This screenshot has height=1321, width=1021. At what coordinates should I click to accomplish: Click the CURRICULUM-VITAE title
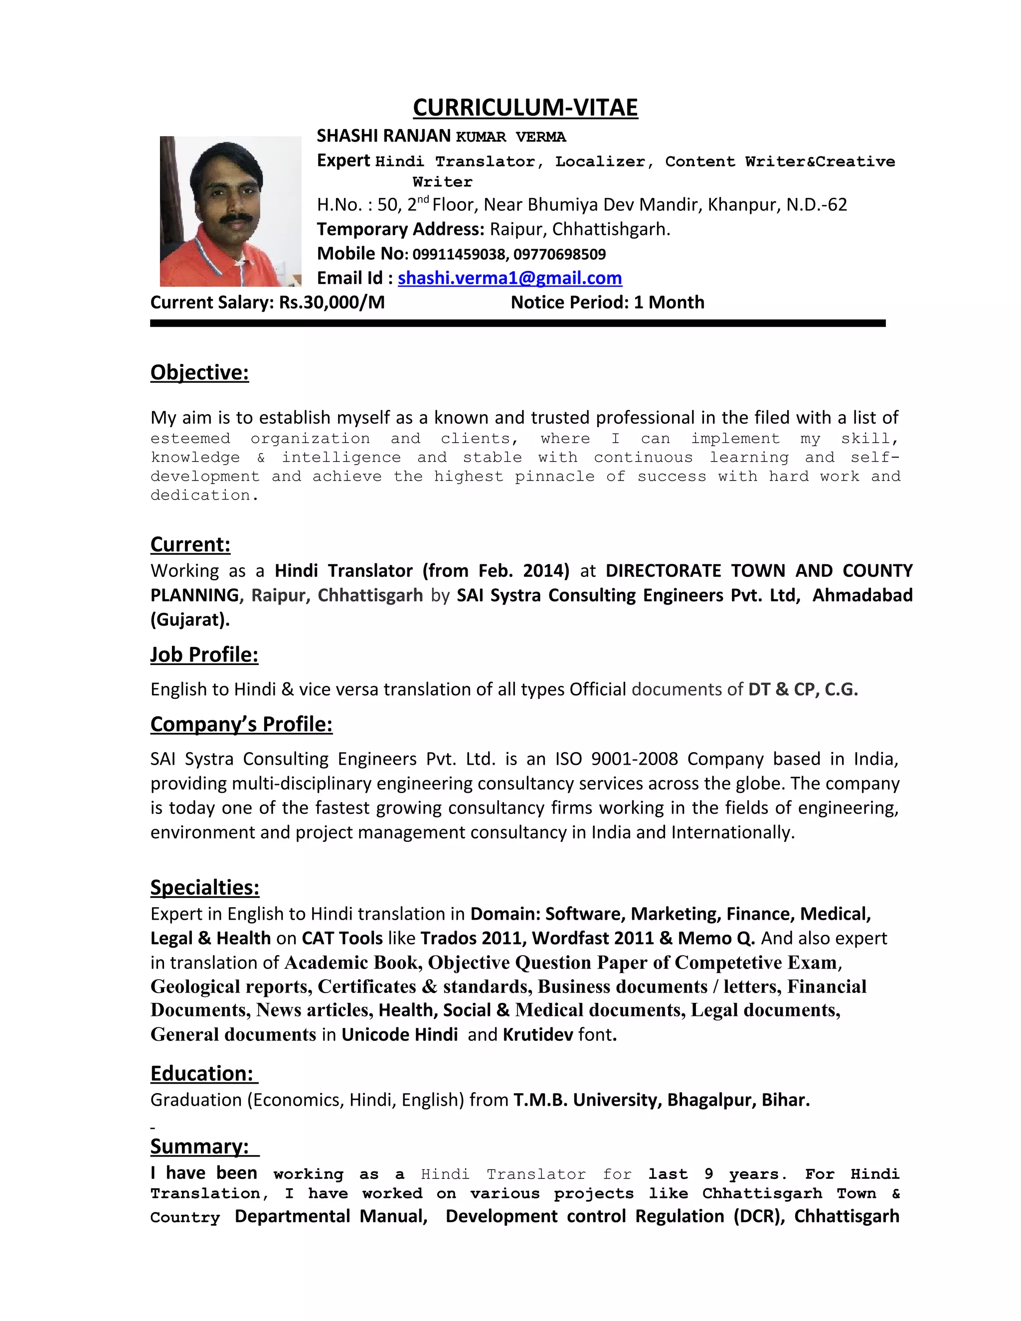click(x=525, y=108)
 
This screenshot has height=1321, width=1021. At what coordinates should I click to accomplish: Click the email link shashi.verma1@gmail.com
click(x=510, y=278)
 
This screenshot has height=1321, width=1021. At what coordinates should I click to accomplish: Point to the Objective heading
click(x=199, y=372)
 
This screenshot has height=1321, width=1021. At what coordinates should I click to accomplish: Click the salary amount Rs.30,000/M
click(x=332, y=303)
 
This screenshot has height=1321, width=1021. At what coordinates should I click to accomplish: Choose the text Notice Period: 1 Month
click(x=607, y=303)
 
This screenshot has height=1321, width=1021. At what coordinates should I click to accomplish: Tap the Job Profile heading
click(x=204, y=655)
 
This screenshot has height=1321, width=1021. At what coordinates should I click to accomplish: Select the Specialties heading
click(x=205, y=887)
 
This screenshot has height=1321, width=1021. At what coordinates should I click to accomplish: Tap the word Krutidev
click(x=537, y=1034)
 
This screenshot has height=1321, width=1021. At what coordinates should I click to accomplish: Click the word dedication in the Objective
click(x=202, y=495)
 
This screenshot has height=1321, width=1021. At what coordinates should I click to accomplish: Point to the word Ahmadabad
click(x=862, y=595)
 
